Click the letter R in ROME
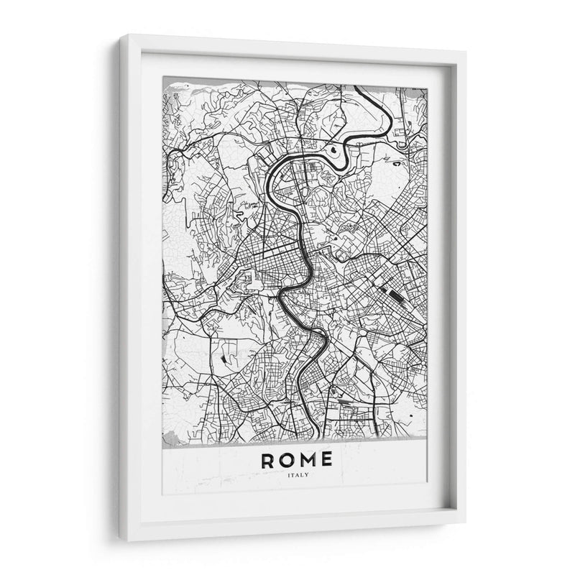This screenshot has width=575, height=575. pos(269,460)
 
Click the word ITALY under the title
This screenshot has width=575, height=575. pos(296,475)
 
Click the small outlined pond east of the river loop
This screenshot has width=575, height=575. pos(397,163)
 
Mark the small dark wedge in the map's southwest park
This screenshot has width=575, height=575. pos(223,357)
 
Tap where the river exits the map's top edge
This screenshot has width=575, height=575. pos(357,86)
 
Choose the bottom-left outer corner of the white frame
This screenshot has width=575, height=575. pos(120,540)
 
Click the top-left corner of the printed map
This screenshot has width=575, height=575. pos(163,77)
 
